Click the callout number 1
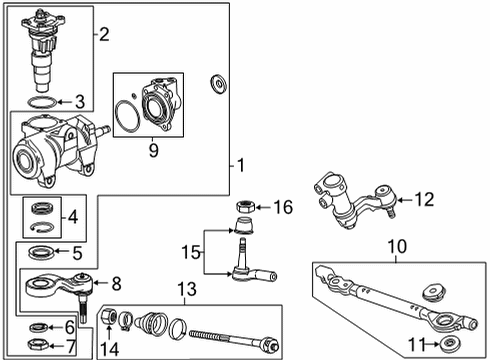pos(241,163)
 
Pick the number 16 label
pos(284,207)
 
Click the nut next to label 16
pos(241,208)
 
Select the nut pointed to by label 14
pos(111,318)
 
